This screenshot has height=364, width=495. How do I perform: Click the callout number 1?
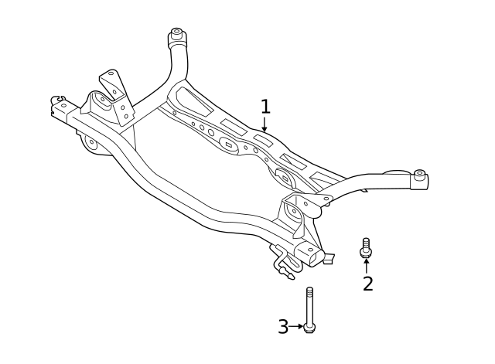click(265, 106)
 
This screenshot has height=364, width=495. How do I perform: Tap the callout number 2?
click(368, 284)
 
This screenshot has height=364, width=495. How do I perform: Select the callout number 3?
click(283, 327)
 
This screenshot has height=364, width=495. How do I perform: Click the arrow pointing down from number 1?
click(265, 124)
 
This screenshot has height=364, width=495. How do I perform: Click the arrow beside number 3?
click(297, 327)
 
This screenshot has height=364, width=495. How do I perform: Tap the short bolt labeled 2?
click(366, 249)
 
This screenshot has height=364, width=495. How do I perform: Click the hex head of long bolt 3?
click(309, 328)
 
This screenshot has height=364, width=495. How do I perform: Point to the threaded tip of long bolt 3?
click(309, 291)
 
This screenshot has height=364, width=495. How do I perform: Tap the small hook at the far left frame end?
click(56, 100)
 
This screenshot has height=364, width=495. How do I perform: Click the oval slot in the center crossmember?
click(228, 143)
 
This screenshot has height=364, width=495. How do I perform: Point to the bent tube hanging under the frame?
click(282, 263)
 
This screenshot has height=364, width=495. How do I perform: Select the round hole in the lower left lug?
click(91, 142)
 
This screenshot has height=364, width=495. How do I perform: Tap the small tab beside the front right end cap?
click(329, 257)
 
